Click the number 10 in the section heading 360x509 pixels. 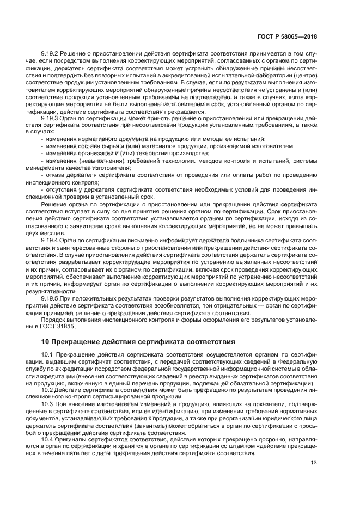coord(45,342)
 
